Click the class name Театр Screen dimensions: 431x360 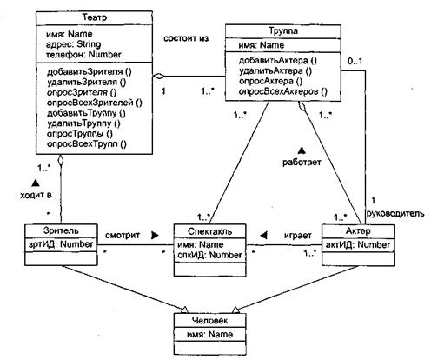coord(95,17)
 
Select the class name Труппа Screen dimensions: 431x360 coord(283,30)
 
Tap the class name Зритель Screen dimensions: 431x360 coord(61,230)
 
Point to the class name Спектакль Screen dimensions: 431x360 coord(209,231)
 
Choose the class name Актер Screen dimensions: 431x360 coord(358,231)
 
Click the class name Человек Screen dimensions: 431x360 coord(209,321)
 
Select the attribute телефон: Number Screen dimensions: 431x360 coord(83,55)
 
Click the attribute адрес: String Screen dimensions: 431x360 coord(74,44)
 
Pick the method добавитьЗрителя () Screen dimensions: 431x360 coord(90,71)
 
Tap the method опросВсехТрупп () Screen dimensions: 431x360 coord(87,144)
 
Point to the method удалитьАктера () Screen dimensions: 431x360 coord(275,71)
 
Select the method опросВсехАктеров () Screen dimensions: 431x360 coord(283,92)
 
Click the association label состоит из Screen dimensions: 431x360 coord(186,38)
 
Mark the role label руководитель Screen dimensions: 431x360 coord(395,214)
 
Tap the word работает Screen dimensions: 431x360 coord(302,163)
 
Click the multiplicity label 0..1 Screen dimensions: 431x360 coord(355,62)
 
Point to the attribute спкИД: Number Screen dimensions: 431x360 coord(209,255)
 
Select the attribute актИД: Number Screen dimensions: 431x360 coord(358,245)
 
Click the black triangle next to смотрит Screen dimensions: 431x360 coord(156,236)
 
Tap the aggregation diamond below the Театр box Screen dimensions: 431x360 coord(61,160)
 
